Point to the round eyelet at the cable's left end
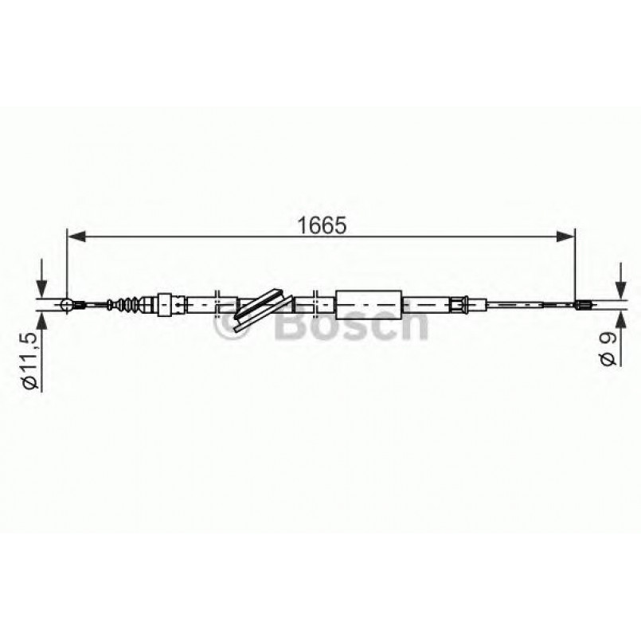pyautogui.click(x=67, y=303)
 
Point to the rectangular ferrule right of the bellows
pyautogui.click(x=166, y=303)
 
